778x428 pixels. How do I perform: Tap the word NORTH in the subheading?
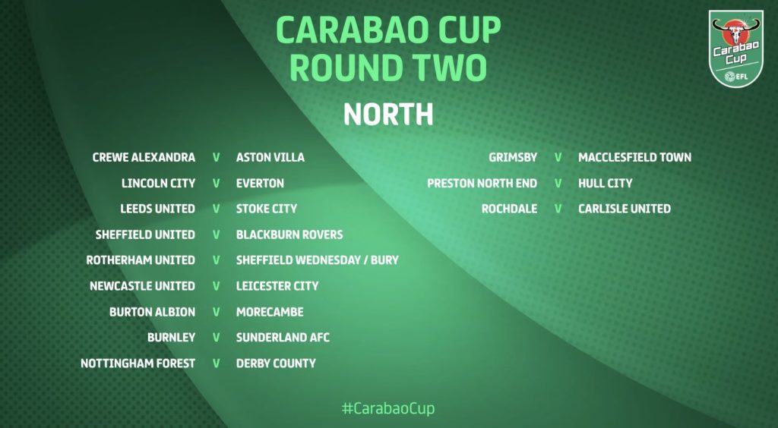click(x=388, y=115)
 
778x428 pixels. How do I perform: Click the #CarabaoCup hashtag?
click(x=388, y=409)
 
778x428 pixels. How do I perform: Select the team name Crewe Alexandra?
click(x=144, y=158)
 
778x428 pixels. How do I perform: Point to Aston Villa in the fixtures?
click(x=270, y=158)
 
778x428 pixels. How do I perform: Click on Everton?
click(x=260, y=184)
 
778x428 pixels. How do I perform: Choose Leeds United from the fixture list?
click(x=158, y=209)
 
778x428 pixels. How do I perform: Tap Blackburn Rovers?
click(x=289, y=234)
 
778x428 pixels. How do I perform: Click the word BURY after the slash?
click(x=385, y=260)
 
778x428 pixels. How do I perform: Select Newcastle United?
click(x=142, y=286)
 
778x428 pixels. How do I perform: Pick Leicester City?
click(x=277, y=286)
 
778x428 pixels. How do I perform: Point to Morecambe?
click(x=270, y=312)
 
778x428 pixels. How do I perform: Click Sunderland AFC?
click(x=283, y=338)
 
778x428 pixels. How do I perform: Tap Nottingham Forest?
click(x=138, y=363)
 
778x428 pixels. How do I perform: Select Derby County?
click(x=276, y=363)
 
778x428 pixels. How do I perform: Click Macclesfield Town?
click(x=634, y=158)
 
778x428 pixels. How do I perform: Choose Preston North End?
click(x=482, y=184)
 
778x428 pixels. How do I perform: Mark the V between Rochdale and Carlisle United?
click(x=558, y=209)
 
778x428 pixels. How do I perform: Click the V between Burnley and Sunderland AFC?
click(x=217, y=338)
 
